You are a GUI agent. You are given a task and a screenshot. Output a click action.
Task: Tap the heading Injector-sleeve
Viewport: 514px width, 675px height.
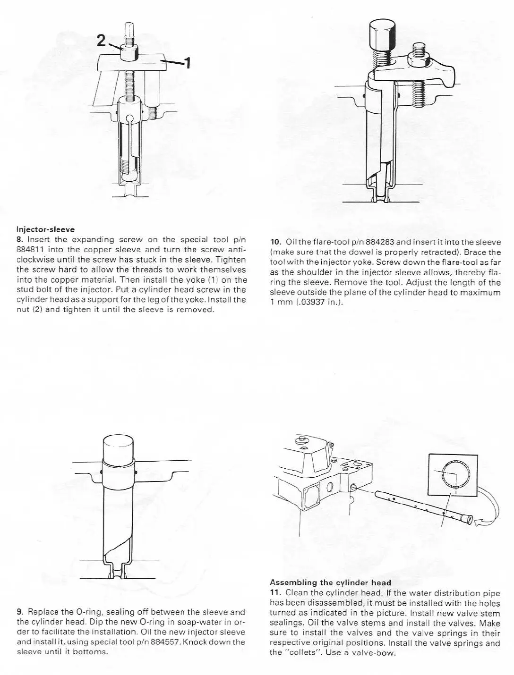tap(45, 229)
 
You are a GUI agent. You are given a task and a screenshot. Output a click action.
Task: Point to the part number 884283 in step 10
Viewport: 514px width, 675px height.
tap(379, 242)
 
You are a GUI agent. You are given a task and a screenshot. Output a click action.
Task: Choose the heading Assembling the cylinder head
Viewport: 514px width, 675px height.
tap(330, 582)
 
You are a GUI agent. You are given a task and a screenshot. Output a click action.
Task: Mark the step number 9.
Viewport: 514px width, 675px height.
tap(19, 612)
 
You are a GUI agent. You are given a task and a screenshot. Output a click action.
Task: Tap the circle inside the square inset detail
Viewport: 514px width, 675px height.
tap(452, 474)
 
